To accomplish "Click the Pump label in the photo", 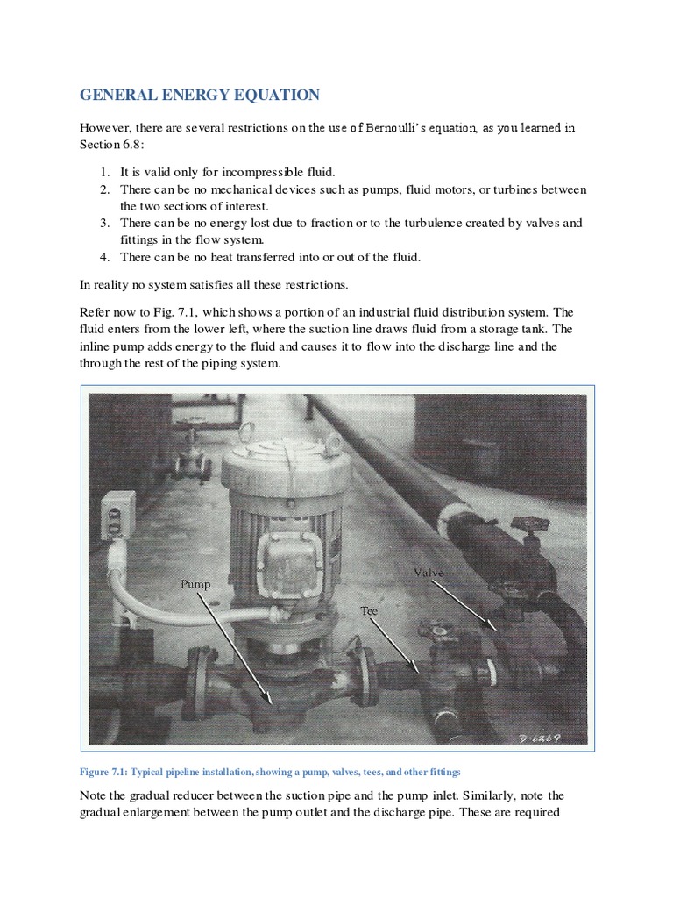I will click(x=195, y=582).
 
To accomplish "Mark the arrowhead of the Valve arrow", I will click(x=496, y=629).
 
